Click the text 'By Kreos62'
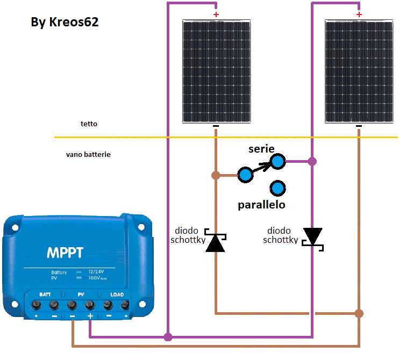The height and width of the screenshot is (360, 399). pos(65,23)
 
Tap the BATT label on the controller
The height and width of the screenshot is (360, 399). pos(45,294)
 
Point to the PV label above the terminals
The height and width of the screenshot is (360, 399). pos(81,294)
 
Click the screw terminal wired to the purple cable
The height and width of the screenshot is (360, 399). pos(90,306)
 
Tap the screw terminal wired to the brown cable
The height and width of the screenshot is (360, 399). pos(72,306)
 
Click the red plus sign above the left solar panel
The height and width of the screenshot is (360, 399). pos(216,15)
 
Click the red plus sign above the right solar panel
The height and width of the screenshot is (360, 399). pos(359,15)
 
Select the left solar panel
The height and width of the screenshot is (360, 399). pos(216,71)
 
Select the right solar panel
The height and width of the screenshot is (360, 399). pos(359,71)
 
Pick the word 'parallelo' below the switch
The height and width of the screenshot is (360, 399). pos(261,205)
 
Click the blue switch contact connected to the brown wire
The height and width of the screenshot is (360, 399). pos(245,175)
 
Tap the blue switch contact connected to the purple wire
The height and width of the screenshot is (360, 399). pos(277,161)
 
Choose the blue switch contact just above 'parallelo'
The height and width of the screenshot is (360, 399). pos(277,188)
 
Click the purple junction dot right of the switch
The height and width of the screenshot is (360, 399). pos(312,161)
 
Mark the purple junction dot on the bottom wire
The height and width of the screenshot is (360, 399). pos(168,337)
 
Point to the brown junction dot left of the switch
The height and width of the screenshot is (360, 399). pos(216,175)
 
